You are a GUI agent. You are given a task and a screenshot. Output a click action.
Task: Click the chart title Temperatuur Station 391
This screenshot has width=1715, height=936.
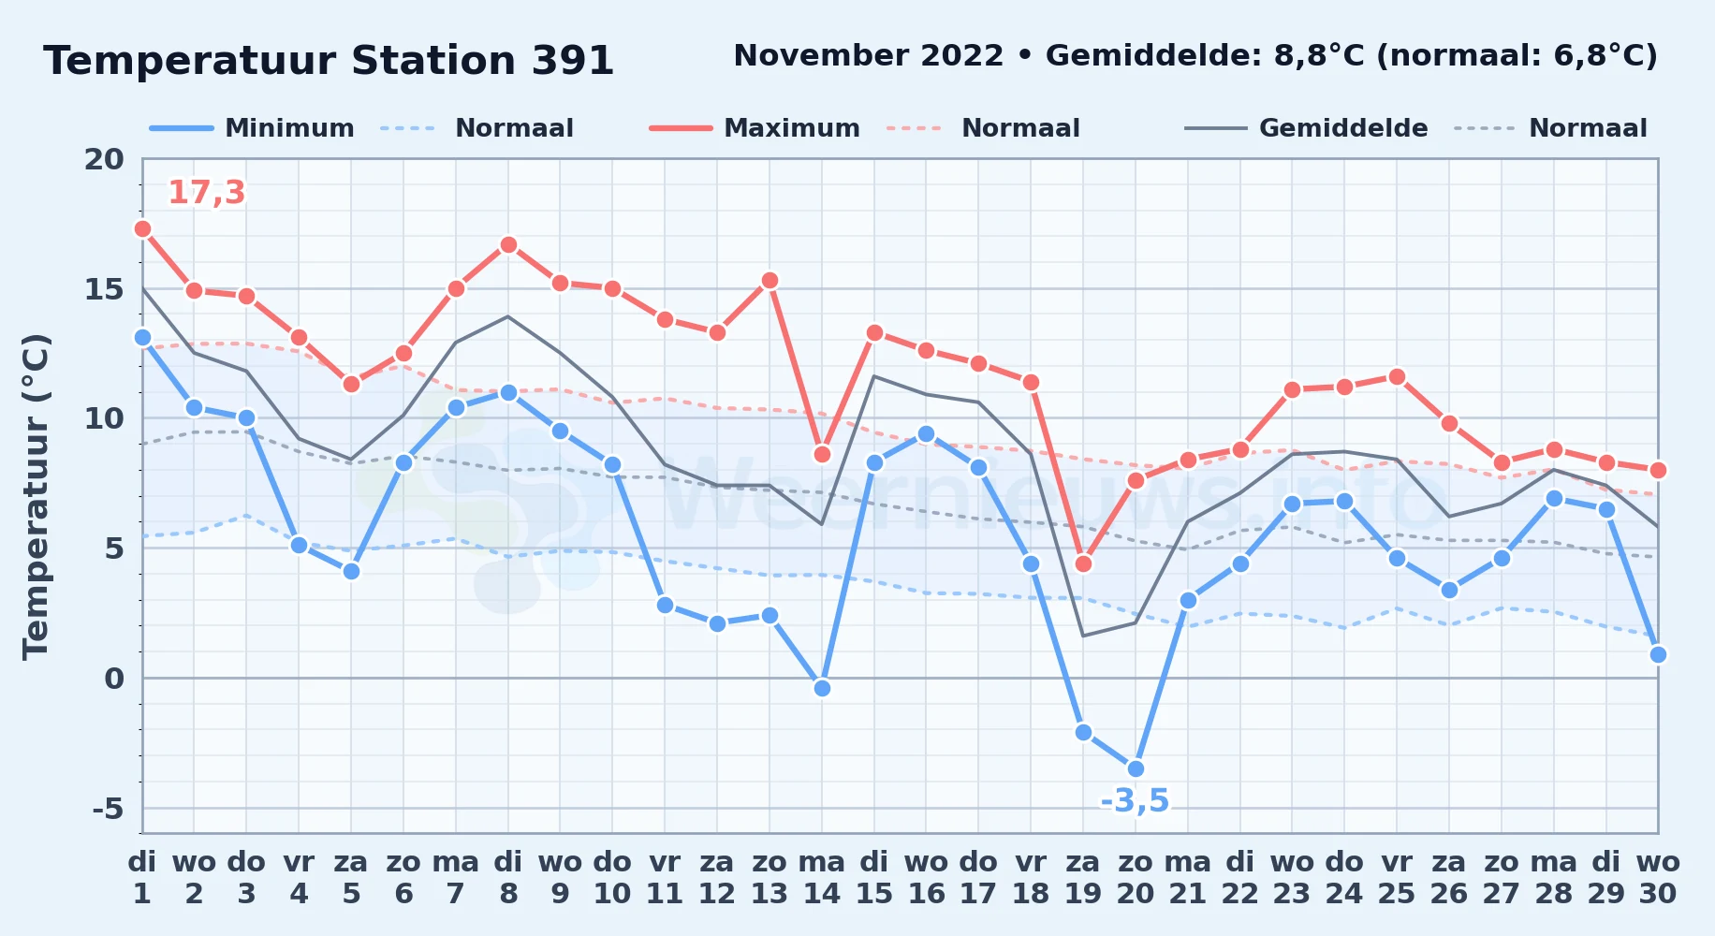pyautogui.click(x=329, y=61)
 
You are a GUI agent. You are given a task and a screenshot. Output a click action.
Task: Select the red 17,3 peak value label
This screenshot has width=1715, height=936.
pyautogui.click(x=206, y=193)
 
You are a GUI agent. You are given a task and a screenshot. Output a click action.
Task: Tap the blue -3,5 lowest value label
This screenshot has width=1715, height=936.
pyautogui.click(x=1135, y=801)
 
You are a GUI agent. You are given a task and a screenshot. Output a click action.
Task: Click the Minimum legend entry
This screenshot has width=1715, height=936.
pyautogui.click(x=252, y=128)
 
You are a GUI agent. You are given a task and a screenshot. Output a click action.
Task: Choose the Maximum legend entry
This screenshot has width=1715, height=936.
pyautogui.click(x=755, y=128)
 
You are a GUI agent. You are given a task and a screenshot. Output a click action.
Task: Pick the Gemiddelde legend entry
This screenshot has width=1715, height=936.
pyautogui.click(x=1306, y=128)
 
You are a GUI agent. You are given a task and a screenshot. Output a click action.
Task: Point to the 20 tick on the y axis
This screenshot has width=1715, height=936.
pyautogui.click(x=104, y=159)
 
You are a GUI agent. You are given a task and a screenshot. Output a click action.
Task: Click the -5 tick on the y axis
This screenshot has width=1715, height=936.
pyautogui.click(x=108, y=808)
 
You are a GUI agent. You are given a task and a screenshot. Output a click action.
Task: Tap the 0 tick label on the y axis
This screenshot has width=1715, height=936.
pyautogui.click(x=114, y=678)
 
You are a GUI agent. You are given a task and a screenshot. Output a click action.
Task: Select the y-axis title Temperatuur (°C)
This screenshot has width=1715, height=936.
pyautogui.click(x=36, y=496)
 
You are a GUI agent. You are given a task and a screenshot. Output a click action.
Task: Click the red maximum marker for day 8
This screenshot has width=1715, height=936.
pyautogui.click(x=508, y=244)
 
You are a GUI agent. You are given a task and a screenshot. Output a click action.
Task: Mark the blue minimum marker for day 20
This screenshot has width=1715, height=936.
pyautogui.click(x=1136, y=768)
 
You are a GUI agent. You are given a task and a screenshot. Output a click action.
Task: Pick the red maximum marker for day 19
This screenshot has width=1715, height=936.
pyautogui.click(x=1083, y=563)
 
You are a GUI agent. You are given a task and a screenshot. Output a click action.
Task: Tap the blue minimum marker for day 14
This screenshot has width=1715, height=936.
pyautogui.click(x=822, y=688)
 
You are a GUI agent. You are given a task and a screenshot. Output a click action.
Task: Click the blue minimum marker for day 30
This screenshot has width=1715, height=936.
pyautogui.click(x=1658, y=654)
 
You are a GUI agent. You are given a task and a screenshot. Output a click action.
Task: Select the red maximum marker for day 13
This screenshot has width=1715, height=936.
pyautogui.click(x=770, y=280)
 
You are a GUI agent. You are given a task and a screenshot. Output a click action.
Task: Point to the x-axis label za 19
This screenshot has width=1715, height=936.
pyautogui.click(x=1083, y=878)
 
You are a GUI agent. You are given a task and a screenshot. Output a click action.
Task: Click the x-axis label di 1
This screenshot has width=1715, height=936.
pyautogui.click(x=142, y=878)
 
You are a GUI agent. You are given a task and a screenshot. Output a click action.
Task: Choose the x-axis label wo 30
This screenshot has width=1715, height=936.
pyautogui.click(x=1658, y=878)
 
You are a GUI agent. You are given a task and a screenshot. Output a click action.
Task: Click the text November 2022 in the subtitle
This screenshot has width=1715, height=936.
pyautogui.click(x=868, y=56)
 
